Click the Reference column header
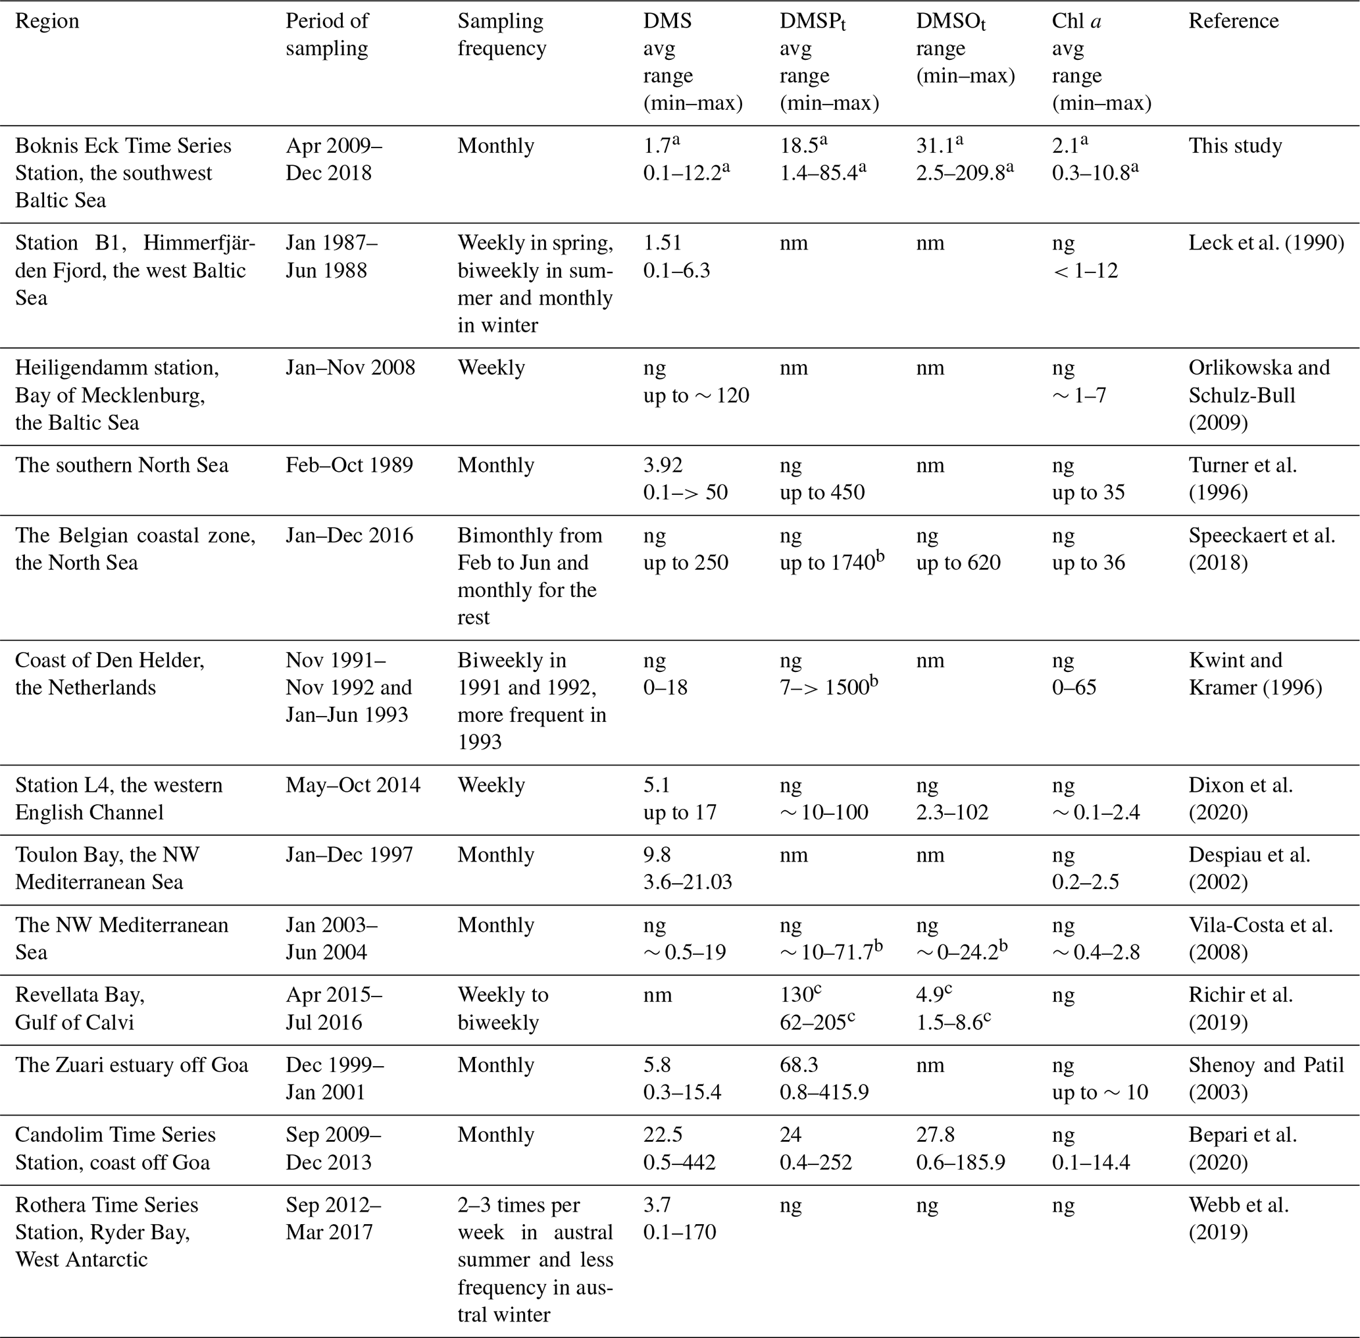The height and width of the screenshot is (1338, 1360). point(1233,21)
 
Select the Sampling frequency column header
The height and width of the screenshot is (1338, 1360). point(501,34)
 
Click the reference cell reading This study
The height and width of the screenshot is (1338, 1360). point(1235,145)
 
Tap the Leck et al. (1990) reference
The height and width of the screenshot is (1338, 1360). point(1266,243)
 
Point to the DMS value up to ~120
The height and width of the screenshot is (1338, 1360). point(695,396)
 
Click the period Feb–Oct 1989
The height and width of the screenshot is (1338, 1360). point(349,465)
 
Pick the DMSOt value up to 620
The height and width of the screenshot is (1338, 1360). point(958,563)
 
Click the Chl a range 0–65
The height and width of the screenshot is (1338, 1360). point(1073,687)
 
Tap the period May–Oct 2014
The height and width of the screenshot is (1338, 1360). point(353,785)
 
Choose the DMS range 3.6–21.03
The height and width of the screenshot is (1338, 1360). point(687,882)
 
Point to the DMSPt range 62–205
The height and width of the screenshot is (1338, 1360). point(817,1023)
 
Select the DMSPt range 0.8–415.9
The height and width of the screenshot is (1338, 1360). point(824,1092)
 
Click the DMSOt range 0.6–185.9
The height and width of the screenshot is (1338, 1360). point(960,1162)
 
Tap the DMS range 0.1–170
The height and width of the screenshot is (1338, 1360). point(679,1232)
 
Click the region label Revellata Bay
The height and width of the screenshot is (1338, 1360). point(80,995)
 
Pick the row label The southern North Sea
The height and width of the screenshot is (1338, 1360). point(122,465)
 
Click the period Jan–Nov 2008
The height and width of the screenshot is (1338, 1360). point(350,367)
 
